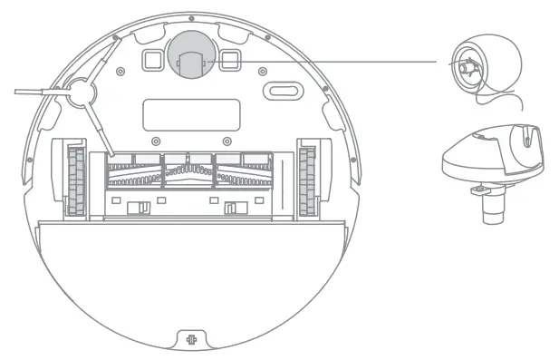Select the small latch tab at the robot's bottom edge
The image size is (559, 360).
[x=191, y=342]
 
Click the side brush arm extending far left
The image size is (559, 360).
[x=36, y=90]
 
